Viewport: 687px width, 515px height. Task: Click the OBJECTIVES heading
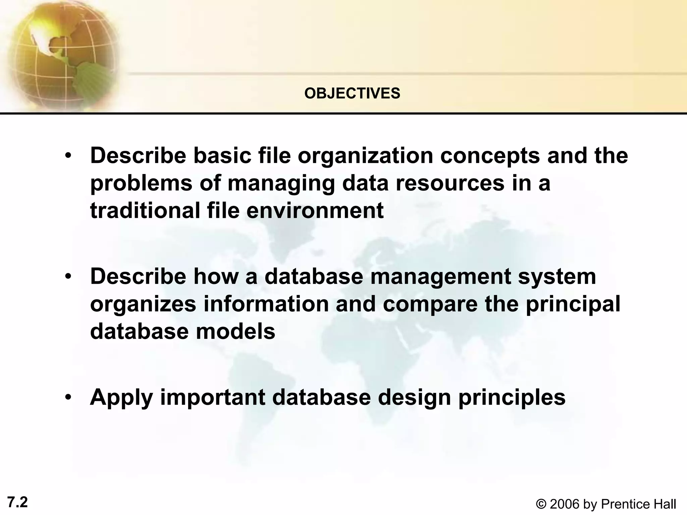(x=352, y=93)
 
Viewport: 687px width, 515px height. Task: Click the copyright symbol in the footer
(x=541, y=504)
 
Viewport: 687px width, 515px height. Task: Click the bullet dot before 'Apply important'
(x=68, y=398)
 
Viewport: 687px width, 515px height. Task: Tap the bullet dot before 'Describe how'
(x=68, y=277)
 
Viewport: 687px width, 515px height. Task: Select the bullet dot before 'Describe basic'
(x=68, y=156)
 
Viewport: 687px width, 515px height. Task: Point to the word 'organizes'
(x=143, y=304)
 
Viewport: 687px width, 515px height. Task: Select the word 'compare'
(x=430, y=304)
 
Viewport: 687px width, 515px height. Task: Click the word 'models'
(x=235, y=331)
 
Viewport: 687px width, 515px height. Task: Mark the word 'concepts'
(x=490, y=156)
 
